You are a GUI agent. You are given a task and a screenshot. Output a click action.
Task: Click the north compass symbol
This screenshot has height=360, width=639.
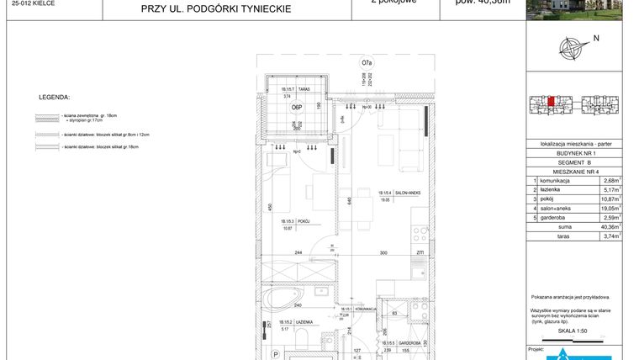tap(574, 47)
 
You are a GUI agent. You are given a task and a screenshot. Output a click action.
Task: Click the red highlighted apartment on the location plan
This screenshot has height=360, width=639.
tap(551, 103)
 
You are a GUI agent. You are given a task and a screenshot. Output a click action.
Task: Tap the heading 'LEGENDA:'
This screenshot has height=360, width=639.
tap(55, 98)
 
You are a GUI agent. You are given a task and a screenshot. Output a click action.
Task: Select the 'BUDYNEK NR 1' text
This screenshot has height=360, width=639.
tap(577, 154)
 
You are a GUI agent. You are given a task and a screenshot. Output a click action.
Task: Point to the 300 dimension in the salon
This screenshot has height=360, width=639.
tap(383, 253)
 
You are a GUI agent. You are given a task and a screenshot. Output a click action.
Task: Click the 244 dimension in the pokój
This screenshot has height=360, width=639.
tap(298, 253)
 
